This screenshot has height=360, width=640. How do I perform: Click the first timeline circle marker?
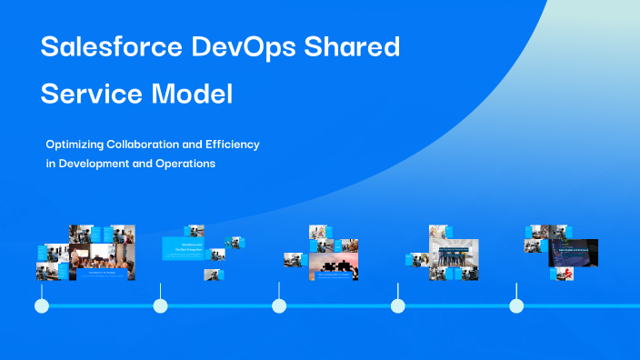pos(42,305)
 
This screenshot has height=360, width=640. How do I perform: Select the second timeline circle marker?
pos(161,305)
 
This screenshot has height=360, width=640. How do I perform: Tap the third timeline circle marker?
pos(279,305)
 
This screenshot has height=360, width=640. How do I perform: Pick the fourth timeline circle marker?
pos(397,305)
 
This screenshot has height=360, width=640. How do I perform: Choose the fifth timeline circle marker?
pos(516,305)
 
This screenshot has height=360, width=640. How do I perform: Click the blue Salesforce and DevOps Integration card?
pos(185,248)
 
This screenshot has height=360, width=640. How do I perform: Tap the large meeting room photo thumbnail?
pos(101,260)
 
